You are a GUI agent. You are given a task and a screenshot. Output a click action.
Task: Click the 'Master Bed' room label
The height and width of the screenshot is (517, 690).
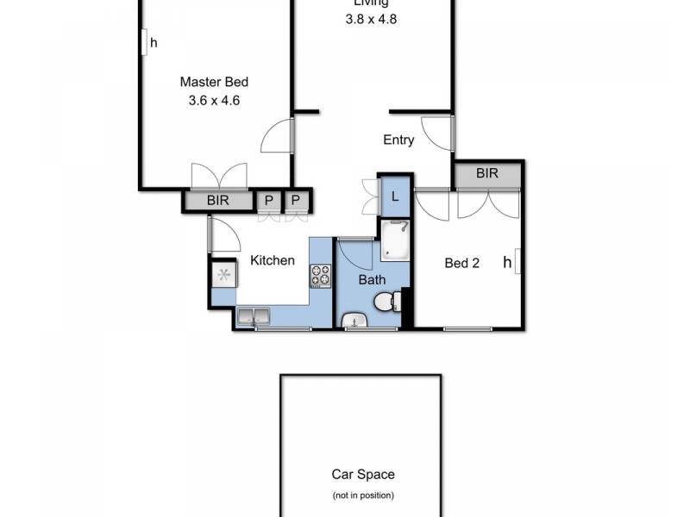pos(214,83)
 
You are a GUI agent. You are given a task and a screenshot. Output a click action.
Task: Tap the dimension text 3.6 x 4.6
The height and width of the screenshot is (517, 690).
pos(214,100)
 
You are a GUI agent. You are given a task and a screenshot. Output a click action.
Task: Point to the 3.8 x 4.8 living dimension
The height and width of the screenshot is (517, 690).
pos(371,17)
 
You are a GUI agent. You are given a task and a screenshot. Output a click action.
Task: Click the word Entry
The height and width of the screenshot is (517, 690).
pos(398,140)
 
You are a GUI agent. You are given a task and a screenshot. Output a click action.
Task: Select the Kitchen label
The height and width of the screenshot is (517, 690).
pos(273,260)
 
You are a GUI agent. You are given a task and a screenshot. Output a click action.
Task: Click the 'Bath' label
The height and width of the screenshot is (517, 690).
pos(372,279)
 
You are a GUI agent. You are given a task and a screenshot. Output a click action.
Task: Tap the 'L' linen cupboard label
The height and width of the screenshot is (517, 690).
pos(395,196)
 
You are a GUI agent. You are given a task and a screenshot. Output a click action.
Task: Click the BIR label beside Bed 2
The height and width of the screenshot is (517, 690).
pos(487,173)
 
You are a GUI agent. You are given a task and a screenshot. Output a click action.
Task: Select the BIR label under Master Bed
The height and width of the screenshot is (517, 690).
pos(218,201)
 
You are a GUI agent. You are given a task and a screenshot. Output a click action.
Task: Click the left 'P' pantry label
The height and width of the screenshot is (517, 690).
pos(269,201)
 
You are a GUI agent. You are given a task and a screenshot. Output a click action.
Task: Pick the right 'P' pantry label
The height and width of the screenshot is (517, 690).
pos(296,201)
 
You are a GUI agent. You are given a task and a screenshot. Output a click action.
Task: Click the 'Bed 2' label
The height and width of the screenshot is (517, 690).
pos(461,264)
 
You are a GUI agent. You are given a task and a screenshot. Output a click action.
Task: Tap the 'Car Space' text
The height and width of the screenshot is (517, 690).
pos(363,474)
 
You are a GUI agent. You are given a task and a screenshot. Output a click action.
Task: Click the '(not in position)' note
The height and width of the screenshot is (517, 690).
pos(363,495)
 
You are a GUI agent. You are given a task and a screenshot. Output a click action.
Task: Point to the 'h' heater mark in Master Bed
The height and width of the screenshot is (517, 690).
pos(154,41)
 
